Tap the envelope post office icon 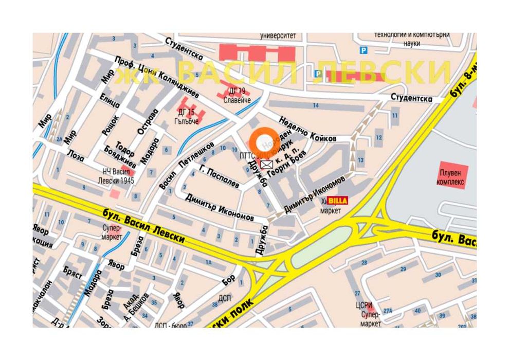266,164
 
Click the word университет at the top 278,36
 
